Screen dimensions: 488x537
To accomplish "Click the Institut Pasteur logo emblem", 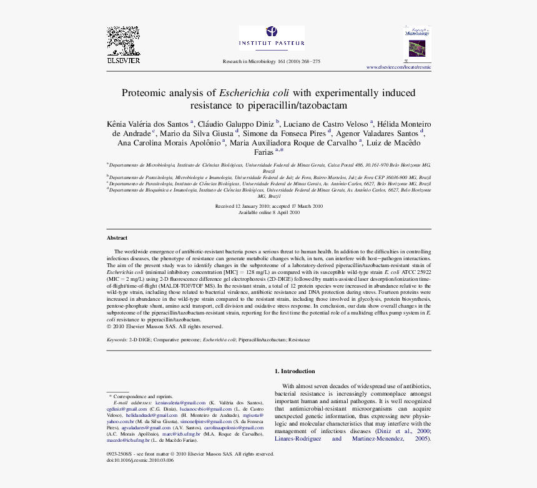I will pyautogui.click(x=272, y=31).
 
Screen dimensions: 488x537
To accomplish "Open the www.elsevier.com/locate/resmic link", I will pyautogui.click(x=398, y=67).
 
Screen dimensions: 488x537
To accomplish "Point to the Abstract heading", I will pyautogui.click(x=117, y=238).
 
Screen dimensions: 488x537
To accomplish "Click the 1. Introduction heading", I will pyautogui.click(x=295, y=371).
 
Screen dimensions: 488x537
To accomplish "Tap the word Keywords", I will pyautogui.click(x=117, y=339).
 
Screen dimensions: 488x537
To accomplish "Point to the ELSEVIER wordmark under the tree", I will pyautogui.click(x=123, y=61).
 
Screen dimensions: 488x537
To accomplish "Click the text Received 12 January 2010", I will pyautogui.click(x=242, y=206).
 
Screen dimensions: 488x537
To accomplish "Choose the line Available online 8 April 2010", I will pyautogui.click(x=269, y=212).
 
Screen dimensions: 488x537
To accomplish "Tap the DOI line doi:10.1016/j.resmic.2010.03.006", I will pyautogui.click(x=140, y=460).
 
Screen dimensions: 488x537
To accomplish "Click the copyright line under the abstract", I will pyautogui.click(x=164, y=326).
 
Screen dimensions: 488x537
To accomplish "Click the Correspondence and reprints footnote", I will pyautogui.click(x=142, y=396).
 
